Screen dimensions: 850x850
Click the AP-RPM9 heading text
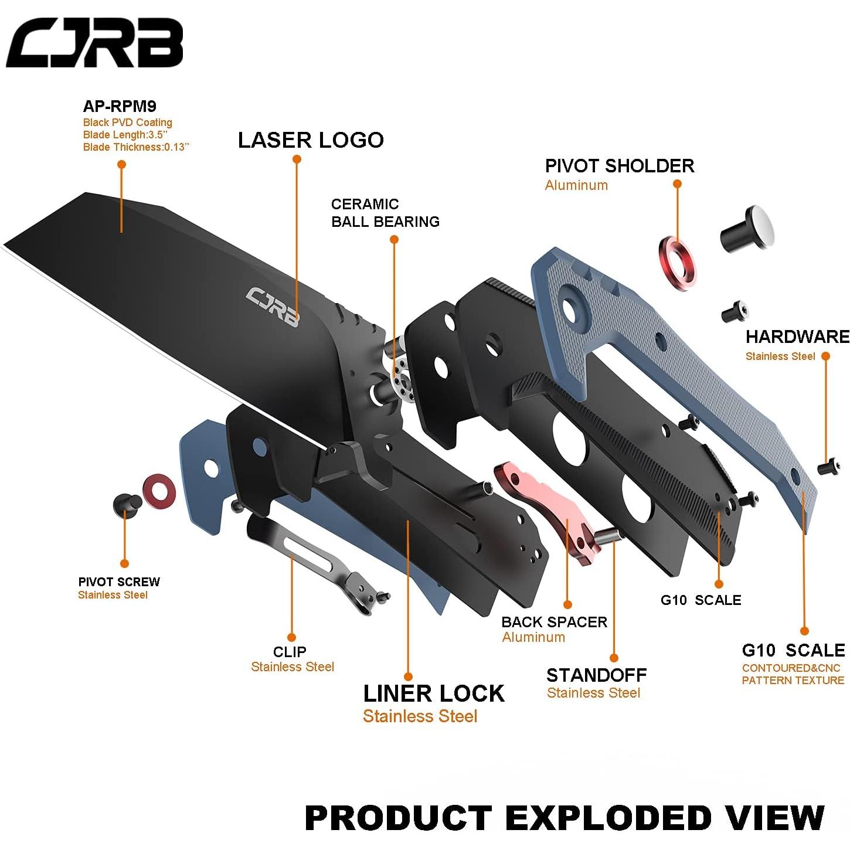120,106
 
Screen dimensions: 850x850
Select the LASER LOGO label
311,140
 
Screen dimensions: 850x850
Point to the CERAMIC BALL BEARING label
385,213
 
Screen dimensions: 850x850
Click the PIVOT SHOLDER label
619,166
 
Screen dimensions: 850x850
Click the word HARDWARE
797,336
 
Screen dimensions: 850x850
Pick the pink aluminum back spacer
545,508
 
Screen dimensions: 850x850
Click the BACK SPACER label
554,622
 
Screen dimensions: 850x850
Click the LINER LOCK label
433,693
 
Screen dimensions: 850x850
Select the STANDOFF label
596,675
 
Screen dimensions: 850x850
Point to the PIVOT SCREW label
119,582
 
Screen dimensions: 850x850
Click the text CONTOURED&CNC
790,668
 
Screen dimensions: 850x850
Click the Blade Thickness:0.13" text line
136,147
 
